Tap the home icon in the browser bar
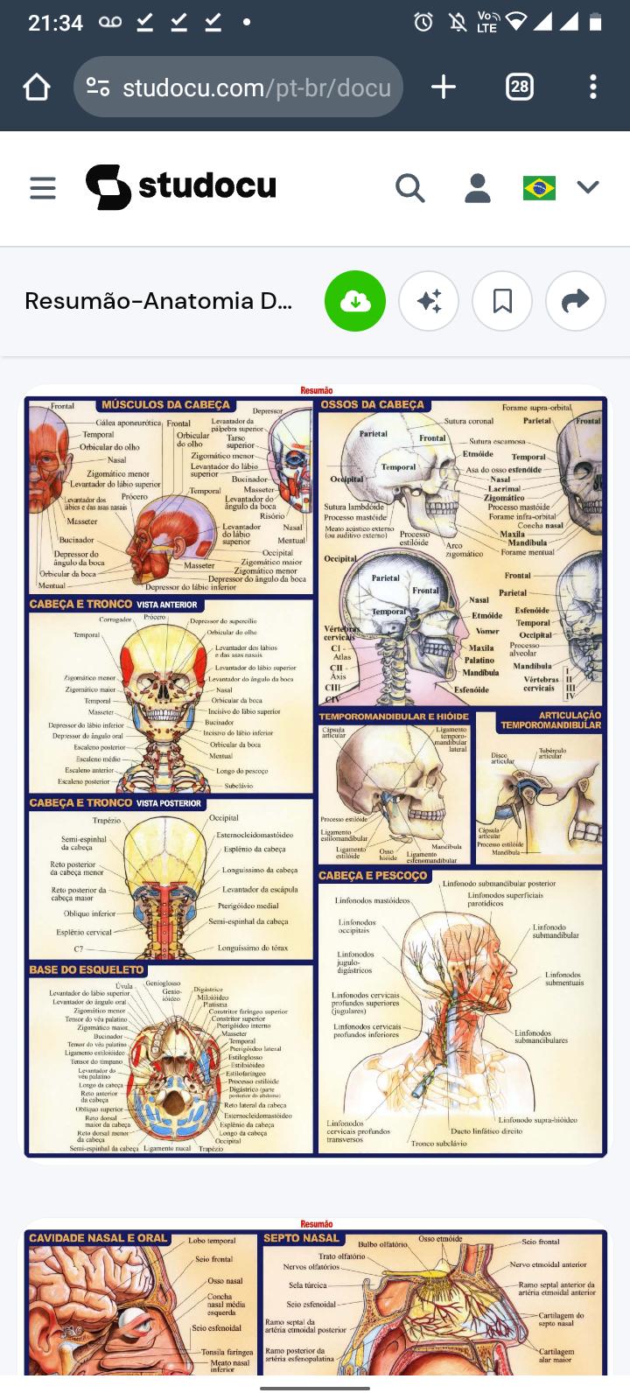click(37, 87)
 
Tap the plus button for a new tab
click(444, 87)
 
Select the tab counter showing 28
click(520, 87)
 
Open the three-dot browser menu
click(593, 87)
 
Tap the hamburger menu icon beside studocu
click(43, 187)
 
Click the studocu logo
click(181, 186)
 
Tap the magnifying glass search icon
click(409, 187)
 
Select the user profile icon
click(478, 187)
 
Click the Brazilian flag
click(539, 187)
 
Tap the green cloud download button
click(355, 301)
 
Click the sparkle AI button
click(429, 301)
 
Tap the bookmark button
click(502, 301)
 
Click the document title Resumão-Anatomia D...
click(158, 301)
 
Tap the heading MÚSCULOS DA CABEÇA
click(165, 405)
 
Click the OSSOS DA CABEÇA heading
click(373, 405)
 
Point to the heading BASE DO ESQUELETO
click(87, 969)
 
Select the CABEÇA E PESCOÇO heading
click(373, 875)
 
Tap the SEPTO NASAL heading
click(302, 1238)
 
